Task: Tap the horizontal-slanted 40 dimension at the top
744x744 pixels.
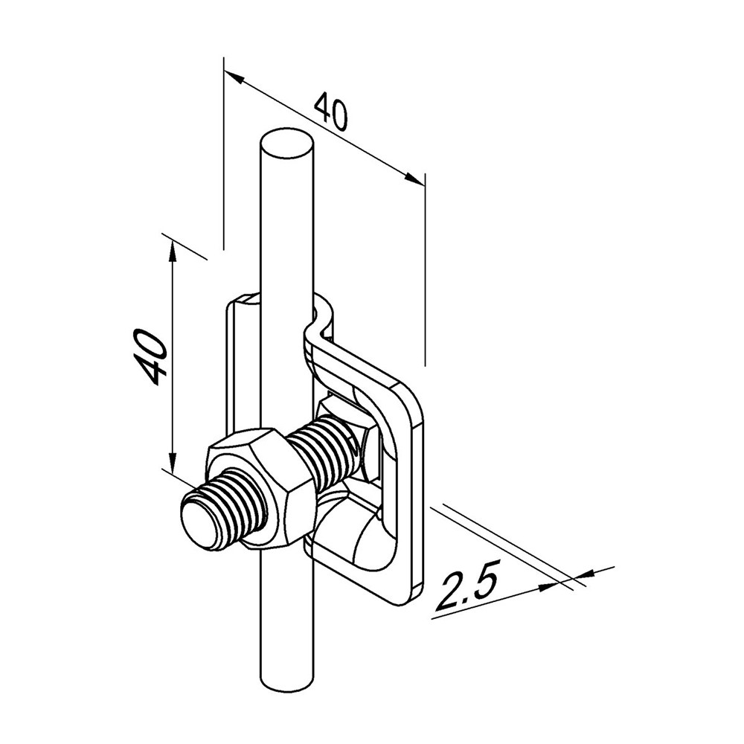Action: click(332, 111)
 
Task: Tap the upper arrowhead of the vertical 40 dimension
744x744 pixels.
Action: click(173, 251)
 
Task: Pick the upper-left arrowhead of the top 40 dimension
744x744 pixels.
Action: click(234, 77)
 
